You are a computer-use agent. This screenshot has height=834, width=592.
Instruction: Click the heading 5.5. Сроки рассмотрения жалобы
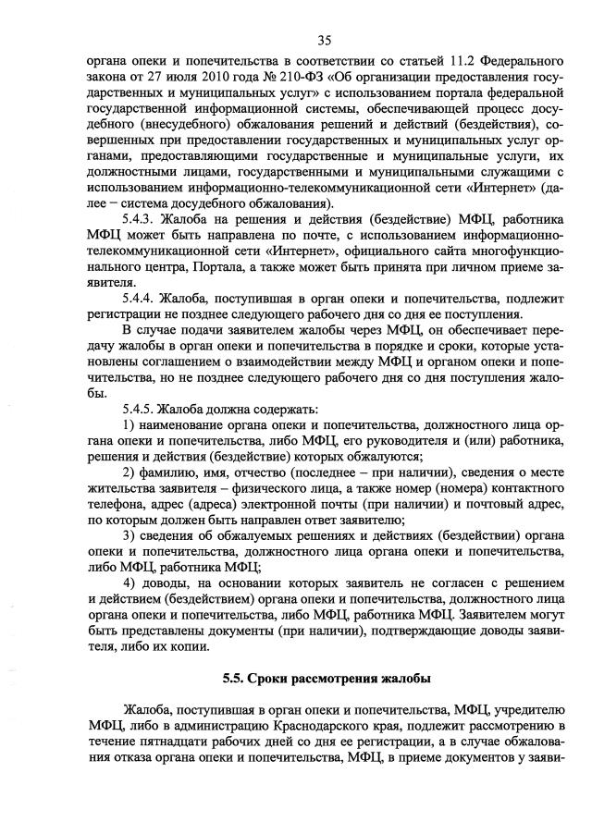(x=326, y=678)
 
